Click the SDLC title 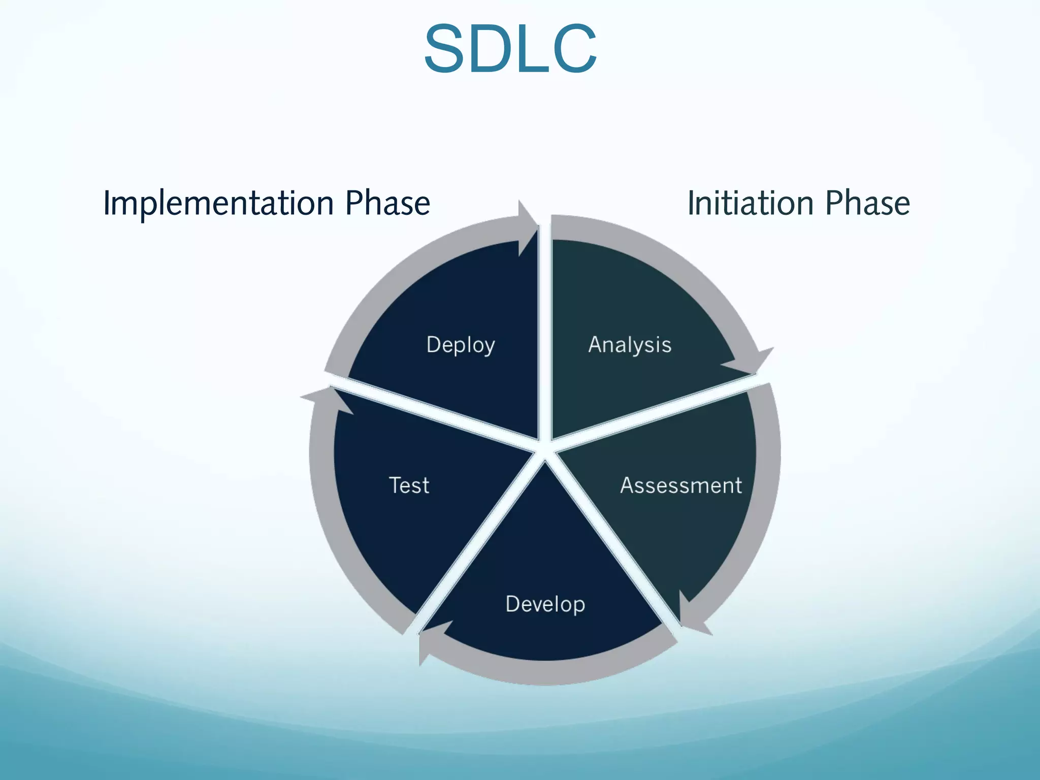click(x=510, y=50)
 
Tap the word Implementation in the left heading click(x=218, y=203)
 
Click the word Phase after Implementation click(x=387, y=203)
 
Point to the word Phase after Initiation click(x=867, y=203)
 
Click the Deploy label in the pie click(x=461, y=345)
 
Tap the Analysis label click(x=630, y=345)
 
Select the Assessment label click(x=681, y=485)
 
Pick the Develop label click(x=545, y=604)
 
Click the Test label click(x=409, y=485)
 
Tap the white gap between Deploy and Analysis click(x=545, y=330)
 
